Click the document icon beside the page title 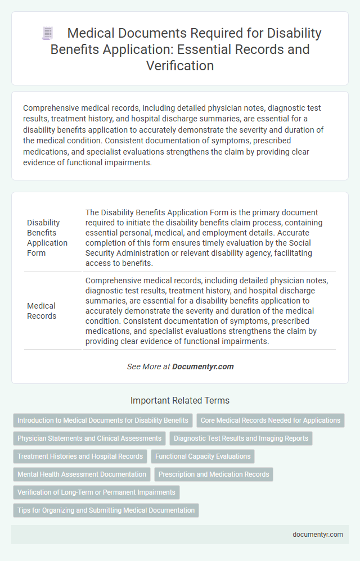(48, 33)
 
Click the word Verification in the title (179, 66)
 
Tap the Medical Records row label (42, 311)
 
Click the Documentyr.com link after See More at (202, 367)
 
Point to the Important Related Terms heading (179, 400)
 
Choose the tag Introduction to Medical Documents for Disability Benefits (103, 420)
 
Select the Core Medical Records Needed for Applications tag (270, 420)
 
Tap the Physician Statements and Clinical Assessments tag (89, 438)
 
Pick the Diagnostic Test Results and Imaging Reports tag (241, 438)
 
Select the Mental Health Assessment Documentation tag (82, 474)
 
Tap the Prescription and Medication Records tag (214, 474)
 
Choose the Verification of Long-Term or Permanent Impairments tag (96, 492)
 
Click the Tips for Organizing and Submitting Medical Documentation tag (106, 510)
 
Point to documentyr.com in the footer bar (318, 535)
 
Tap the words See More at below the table (148, 367)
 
